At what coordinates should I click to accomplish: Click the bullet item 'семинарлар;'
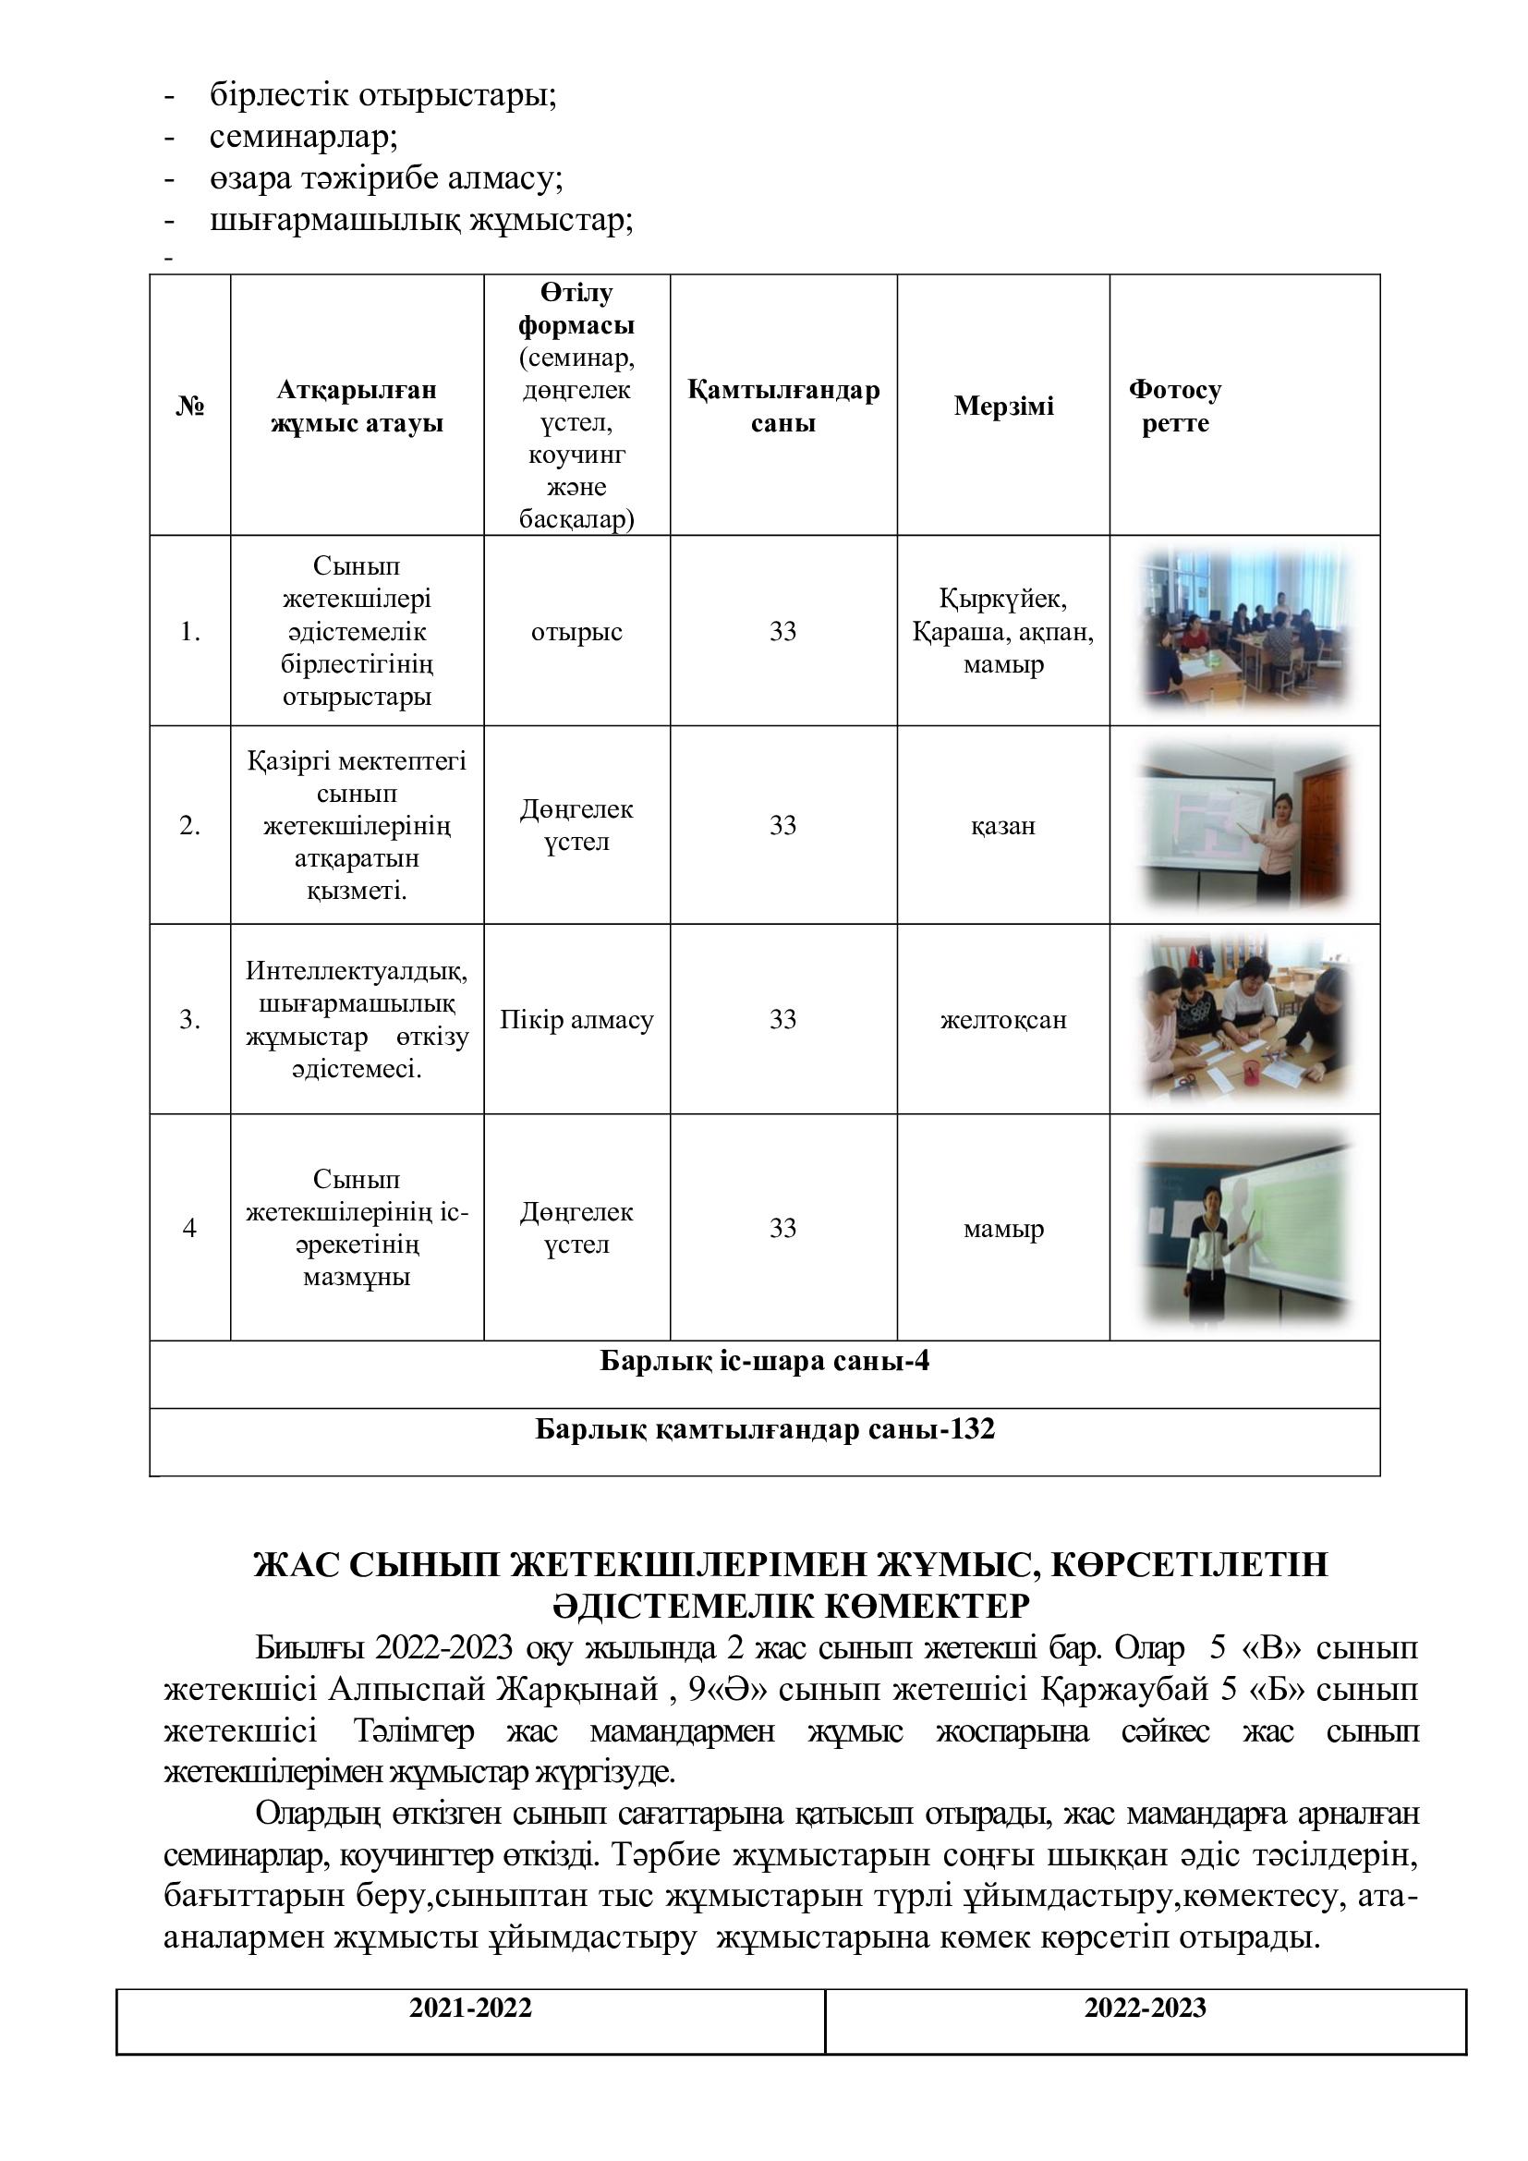tap(303, 138)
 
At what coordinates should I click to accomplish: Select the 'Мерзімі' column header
tap(1003, 406)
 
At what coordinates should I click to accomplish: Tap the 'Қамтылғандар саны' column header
tap(782, 406)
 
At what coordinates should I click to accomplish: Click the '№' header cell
tap(190, 406)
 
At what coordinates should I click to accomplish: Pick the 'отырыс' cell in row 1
tap(576, 632)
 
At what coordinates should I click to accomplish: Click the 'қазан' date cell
tap(1003, 825)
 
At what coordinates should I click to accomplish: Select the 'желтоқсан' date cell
tap(1003, 1019)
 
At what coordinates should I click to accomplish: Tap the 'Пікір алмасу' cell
tap(576, 1019)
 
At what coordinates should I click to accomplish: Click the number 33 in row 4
tap(782, 1227)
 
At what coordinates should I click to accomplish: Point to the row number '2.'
tap(190, 825)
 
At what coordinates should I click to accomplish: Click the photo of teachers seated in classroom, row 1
tap(1244, 630)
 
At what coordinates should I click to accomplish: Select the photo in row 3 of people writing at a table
tap(1244, 1019)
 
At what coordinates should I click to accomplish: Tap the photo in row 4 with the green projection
tap(1244, 1227)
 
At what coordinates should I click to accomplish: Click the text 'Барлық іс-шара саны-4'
tap(764, 1362)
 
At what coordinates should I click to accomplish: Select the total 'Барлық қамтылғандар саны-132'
tap(764, 1429)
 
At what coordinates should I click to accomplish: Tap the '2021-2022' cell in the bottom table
tap(470, 2009)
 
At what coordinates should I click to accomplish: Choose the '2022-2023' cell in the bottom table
tap(1145, 2009)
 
